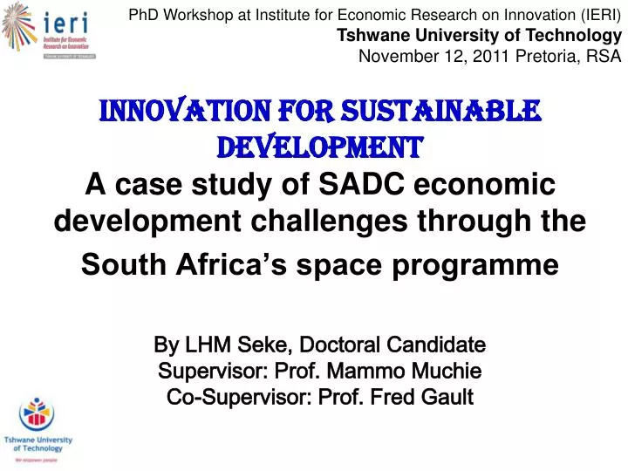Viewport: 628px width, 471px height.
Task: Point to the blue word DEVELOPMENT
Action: (319, 148)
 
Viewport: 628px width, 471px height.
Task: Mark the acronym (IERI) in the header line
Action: (597, 15)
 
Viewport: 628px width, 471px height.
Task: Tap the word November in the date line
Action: (396, 57)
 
